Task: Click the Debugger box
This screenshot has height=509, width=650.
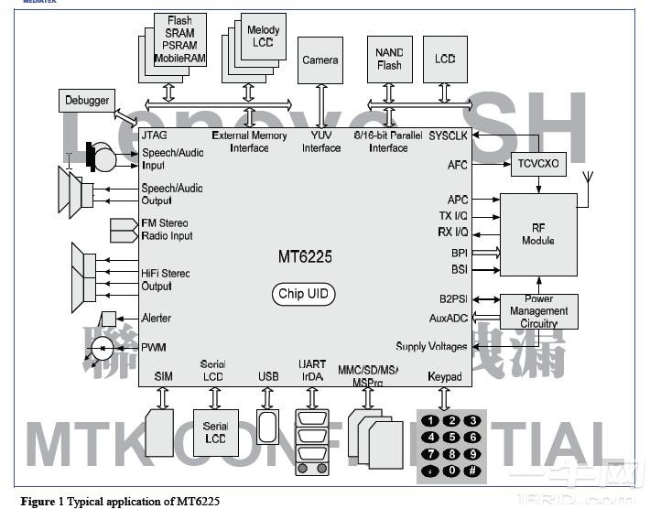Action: pos(87,100)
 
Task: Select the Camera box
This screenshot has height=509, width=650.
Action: pos(320,60)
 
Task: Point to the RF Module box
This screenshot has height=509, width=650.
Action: pos(538,234)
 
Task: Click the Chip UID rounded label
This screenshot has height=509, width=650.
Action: pos(303,295)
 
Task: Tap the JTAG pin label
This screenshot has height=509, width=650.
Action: pos(155,135)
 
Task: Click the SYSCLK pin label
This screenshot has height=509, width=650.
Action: pos(448,135)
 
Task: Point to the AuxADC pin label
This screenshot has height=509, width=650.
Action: pos(449,319)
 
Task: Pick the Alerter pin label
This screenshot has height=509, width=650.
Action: pos(157,319)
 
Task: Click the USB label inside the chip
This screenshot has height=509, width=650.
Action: pos(269,376)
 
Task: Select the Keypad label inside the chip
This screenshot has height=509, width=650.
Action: pos(444,376)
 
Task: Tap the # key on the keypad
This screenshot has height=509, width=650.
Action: pos(472,470)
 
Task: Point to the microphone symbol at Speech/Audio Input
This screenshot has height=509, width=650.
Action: pos(101,159)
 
